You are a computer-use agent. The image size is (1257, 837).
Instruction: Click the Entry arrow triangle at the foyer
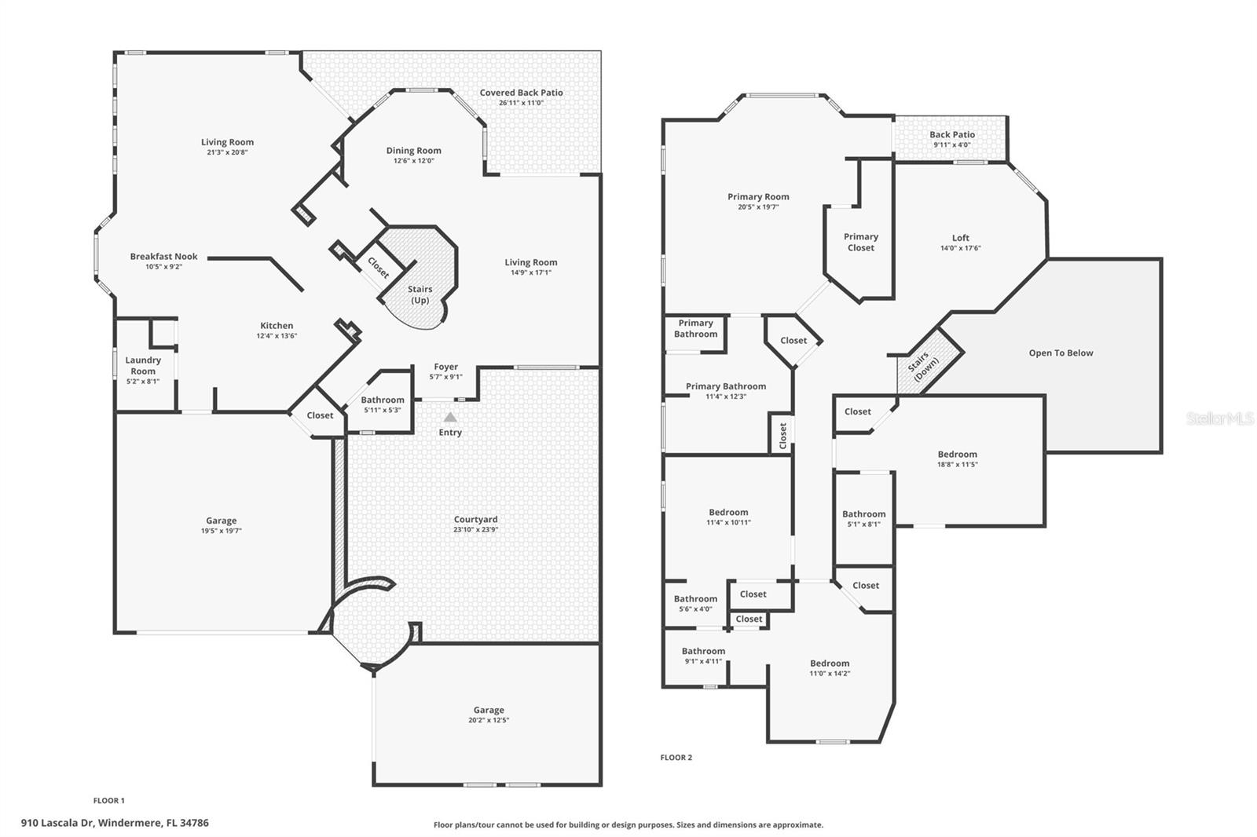[x=450, y=418]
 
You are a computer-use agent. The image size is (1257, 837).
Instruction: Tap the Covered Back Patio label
[x=521, y=93]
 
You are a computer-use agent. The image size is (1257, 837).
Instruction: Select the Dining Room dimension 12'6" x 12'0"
[x=413, y=161]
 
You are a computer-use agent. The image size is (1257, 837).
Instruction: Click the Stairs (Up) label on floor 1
[x=420, y=294]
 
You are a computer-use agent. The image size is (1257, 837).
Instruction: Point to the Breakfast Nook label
[x=163, y=256]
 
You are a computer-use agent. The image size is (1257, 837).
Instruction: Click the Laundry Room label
[x=143, y=365]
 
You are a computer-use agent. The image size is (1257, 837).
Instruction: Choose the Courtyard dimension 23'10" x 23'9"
[x=475, y=530]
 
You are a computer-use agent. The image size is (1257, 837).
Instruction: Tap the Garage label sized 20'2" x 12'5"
[x=489, y=710]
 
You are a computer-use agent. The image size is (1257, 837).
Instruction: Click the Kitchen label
[x=277, y=325]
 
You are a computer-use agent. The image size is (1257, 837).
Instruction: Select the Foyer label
[x=445, y=367]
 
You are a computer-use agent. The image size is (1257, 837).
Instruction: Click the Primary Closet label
[x=861, y=242]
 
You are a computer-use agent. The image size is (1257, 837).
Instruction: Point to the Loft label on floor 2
[x=960, y=238]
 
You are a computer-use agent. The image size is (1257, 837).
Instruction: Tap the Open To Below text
[x=1061, y=353]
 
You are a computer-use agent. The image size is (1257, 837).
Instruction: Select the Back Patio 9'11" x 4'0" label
[x=952, y=135]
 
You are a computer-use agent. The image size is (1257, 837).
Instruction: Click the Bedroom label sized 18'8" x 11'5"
[x=957, y=454]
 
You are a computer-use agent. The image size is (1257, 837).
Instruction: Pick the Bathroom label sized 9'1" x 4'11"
[x=703, y=651]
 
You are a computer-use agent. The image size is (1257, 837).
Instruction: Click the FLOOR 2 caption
[x=676, y=758]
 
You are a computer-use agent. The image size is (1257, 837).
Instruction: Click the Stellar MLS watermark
[x=1219, y=419]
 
